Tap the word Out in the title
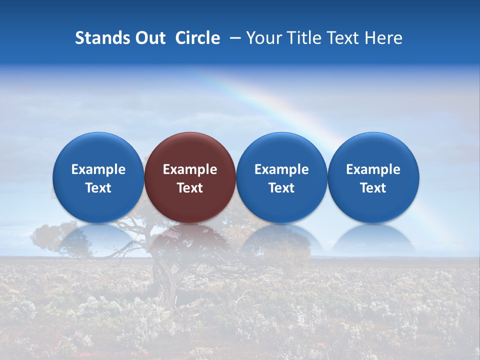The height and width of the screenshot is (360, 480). (x=149, y=38)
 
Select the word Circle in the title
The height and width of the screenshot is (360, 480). (x=197, y=38)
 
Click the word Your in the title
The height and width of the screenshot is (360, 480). (x=261, y=38)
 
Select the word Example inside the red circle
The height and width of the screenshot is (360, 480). (x=190, y=169)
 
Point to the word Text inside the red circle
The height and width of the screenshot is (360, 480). (x=190, y=188)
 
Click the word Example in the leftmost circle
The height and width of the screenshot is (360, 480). (x=98, y=169)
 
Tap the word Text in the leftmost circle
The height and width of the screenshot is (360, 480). (x=98, y=188)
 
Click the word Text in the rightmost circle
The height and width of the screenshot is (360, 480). (x=373, y=188)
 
